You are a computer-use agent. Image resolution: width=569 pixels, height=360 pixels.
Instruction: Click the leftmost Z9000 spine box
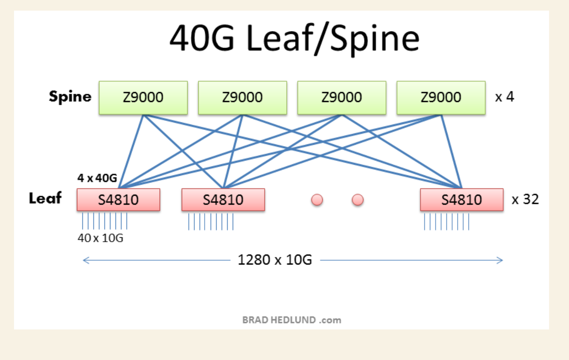point(143,98)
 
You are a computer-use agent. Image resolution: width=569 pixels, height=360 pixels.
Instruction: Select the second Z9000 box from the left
point(242,98)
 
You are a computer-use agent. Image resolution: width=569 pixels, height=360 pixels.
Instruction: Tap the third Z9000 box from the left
point(342,98)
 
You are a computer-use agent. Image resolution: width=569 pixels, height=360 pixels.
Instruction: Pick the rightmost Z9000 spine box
point(441,98)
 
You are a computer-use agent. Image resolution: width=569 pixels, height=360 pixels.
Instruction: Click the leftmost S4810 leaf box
point(118,200)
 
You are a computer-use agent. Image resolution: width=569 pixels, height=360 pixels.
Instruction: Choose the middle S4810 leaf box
point(223,200)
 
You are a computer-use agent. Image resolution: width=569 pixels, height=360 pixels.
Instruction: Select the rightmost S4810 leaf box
point(462,200)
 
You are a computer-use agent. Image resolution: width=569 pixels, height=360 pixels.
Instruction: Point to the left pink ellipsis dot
point(317,200)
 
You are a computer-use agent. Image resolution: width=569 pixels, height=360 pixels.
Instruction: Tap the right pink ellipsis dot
point(358,200)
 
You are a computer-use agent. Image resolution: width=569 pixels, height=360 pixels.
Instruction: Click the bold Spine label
point(70,97)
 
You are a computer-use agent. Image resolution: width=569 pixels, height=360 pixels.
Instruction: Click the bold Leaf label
point(45,198)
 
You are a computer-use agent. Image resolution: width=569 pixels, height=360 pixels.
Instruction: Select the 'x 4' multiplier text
point(504,97)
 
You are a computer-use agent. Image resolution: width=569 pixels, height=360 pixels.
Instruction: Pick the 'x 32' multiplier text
point(525,199)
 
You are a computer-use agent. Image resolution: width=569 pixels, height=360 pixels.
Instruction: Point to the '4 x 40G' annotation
point(97,178)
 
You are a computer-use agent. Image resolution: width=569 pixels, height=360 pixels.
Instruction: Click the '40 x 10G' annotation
point(101,238)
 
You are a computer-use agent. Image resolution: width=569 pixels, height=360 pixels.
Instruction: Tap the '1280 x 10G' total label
point(275,260)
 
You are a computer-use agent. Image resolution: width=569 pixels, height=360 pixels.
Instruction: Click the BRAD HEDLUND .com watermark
point(292,320)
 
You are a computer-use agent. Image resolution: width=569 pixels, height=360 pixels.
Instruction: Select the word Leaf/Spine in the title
point(333,39)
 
